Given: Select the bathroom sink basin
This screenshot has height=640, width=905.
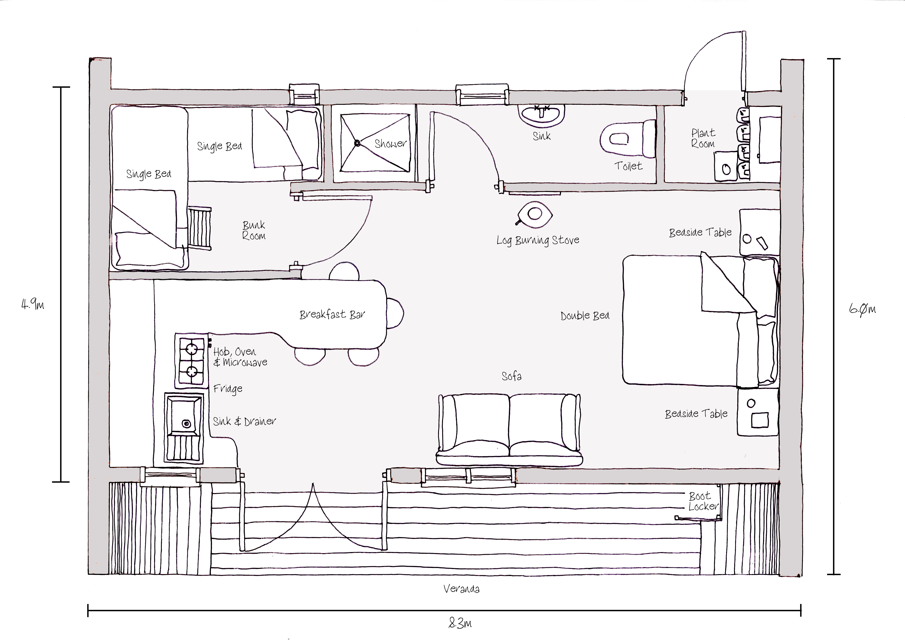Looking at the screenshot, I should click(x=541, y=114).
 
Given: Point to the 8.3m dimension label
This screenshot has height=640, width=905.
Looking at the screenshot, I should click(x=460, y=623).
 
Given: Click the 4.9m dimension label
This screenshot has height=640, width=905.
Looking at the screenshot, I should click(x=32, y=304).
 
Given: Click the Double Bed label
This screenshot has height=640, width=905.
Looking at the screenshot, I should click(x=585, y=316).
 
